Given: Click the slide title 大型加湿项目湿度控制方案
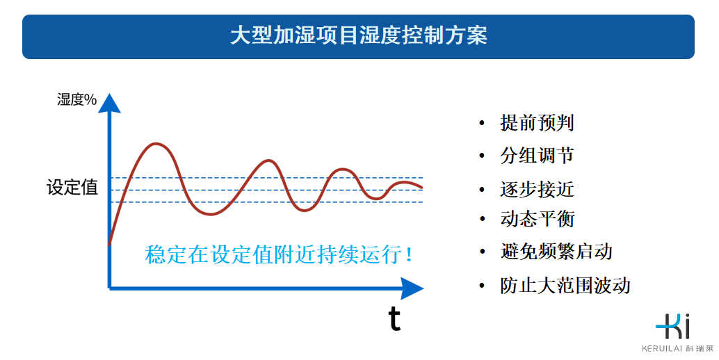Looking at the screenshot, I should pyautogui.click(x=358, y=36).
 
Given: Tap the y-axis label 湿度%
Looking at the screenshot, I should pyautogui.click(x=76, y=99).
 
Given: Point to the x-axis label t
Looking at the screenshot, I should pyautogui.click(x=394, y=319).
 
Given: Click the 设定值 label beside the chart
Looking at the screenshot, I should pyautogui.click(x=72, y=188).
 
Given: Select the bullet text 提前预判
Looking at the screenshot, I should pyautogui.click(x=537, y=124).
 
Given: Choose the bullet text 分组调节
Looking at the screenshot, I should pyautogui.click(x=537, y=156).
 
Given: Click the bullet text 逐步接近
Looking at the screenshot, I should pyautogui.click(x=537, y=189).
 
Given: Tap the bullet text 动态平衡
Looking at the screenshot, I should pyautogui.click(x=537, y=219).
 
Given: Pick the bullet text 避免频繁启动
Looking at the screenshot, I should pyautogui.click(x=556, y=251).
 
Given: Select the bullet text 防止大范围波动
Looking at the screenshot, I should pyautogui.click(x=565, y=285).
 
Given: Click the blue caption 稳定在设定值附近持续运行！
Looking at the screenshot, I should pyautogui.click(x=280, y=254).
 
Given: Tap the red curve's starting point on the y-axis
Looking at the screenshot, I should pyautogui.click(x=110, y=243).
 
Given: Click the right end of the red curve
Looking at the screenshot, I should pyautogui.click(x=421, y=187).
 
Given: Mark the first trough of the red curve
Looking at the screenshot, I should pyautogui.click(x=210, y=214).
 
